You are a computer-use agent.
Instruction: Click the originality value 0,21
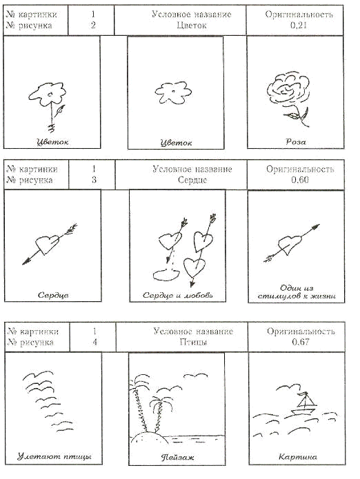tap(298, 26)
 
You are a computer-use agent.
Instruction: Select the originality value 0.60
tap(299, 180)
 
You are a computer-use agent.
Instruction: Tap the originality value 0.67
tap(301, 342)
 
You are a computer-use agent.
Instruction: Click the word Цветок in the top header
tap(192, 26)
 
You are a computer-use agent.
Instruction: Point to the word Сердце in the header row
tap(192, 180)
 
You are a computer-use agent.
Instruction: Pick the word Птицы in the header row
tap(193, 342)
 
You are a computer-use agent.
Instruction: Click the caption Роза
tap(296, 142)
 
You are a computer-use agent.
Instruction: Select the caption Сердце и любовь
tap(178, 296)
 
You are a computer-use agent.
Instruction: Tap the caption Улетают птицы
tap(54, 457)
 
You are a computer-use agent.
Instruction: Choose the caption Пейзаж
tap(177, 458)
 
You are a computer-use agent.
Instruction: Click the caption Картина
tap(298, 457)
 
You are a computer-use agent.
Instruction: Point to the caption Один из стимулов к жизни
tap(297, 292)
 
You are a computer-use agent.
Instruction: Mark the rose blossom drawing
tap(288, 89)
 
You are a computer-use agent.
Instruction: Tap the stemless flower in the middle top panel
tap(173, 92)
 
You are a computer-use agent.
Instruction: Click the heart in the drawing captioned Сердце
tap(47, 244)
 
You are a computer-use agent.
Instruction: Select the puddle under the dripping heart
tap(167, 274)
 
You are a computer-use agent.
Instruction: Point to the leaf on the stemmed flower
tap(61, 110)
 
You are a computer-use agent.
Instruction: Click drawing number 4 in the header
tap(94, 342)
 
